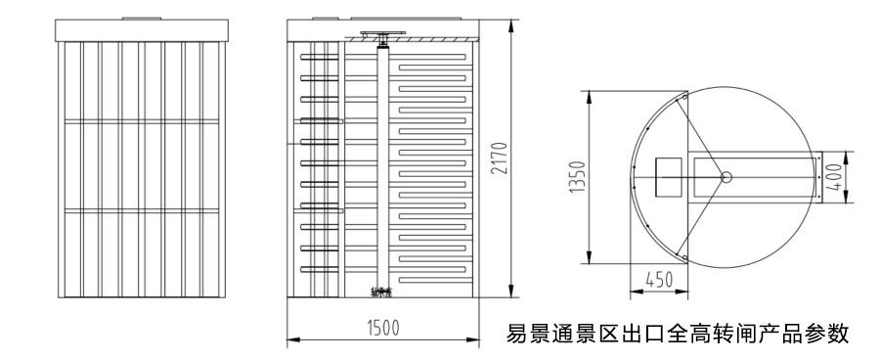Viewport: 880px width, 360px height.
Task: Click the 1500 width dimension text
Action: coord(382,328)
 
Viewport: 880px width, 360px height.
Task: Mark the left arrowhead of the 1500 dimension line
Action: coord(289,341)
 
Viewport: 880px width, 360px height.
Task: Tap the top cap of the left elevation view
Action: coord(143,28)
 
